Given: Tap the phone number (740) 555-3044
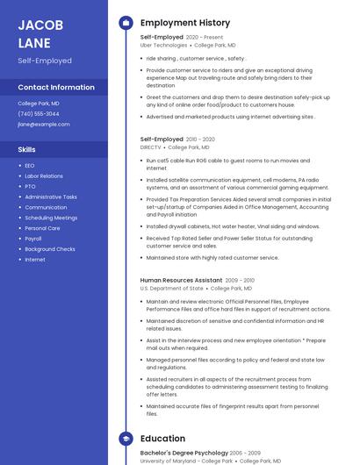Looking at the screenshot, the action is click(x=39, y=114).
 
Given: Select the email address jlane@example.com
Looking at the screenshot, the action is click(x=44, y=125).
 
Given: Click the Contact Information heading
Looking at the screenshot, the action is click(x=56, y=88).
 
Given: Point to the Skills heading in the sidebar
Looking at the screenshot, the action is click(x=27, y=149).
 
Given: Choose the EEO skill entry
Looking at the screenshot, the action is click(x=30, y=166).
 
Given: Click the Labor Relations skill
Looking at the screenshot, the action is click(x=44, y=176).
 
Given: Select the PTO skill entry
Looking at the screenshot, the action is click(x=30, y=187).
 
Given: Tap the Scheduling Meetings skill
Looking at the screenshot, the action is click(x=51, y=218).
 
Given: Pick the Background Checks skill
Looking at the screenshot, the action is click(x=50, y=249).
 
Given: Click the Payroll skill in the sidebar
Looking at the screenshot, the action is click(x=33, y=239).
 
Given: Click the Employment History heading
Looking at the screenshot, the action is click(x=185, y=23).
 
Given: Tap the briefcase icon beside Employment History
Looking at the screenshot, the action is click(x=125, y=23).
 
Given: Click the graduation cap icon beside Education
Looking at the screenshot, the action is click(x=125, y=439).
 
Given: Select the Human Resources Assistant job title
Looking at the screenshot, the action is click(x=181, y=280).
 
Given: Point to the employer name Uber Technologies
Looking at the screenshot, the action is click(x=163, y=45).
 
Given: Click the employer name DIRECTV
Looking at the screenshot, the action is click(x=151, y=147).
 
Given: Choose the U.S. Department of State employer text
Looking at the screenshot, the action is click(x=171, y=288).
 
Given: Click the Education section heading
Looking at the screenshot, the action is click(x=162, y=439).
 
